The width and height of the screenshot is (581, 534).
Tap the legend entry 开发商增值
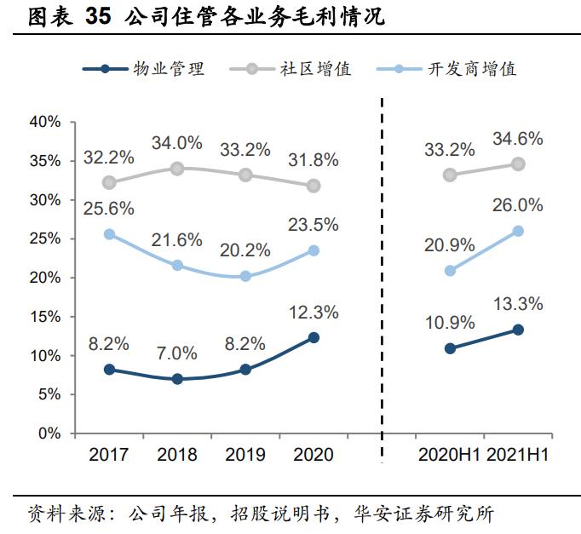coord(471,69)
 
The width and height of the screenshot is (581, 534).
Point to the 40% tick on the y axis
coord(44,122)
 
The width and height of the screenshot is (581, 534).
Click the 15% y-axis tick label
coord(44,317)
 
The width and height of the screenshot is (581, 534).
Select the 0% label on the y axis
coord(49,434)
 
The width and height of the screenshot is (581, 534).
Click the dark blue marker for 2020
coord(314,337)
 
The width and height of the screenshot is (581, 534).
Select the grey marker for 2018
coord(177,169)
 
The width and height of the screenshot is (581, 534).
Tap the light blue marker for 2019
coord(245,276)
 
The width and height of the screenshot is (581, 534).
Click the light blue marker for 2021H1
coord(518,231)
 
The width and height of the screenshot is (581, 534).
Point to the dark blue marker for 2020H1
coord(450,348)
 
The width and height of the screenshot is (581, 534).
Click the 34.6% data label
coord(518,139)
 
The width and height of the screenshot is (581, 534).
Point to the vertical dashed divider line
coord(382,281)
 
